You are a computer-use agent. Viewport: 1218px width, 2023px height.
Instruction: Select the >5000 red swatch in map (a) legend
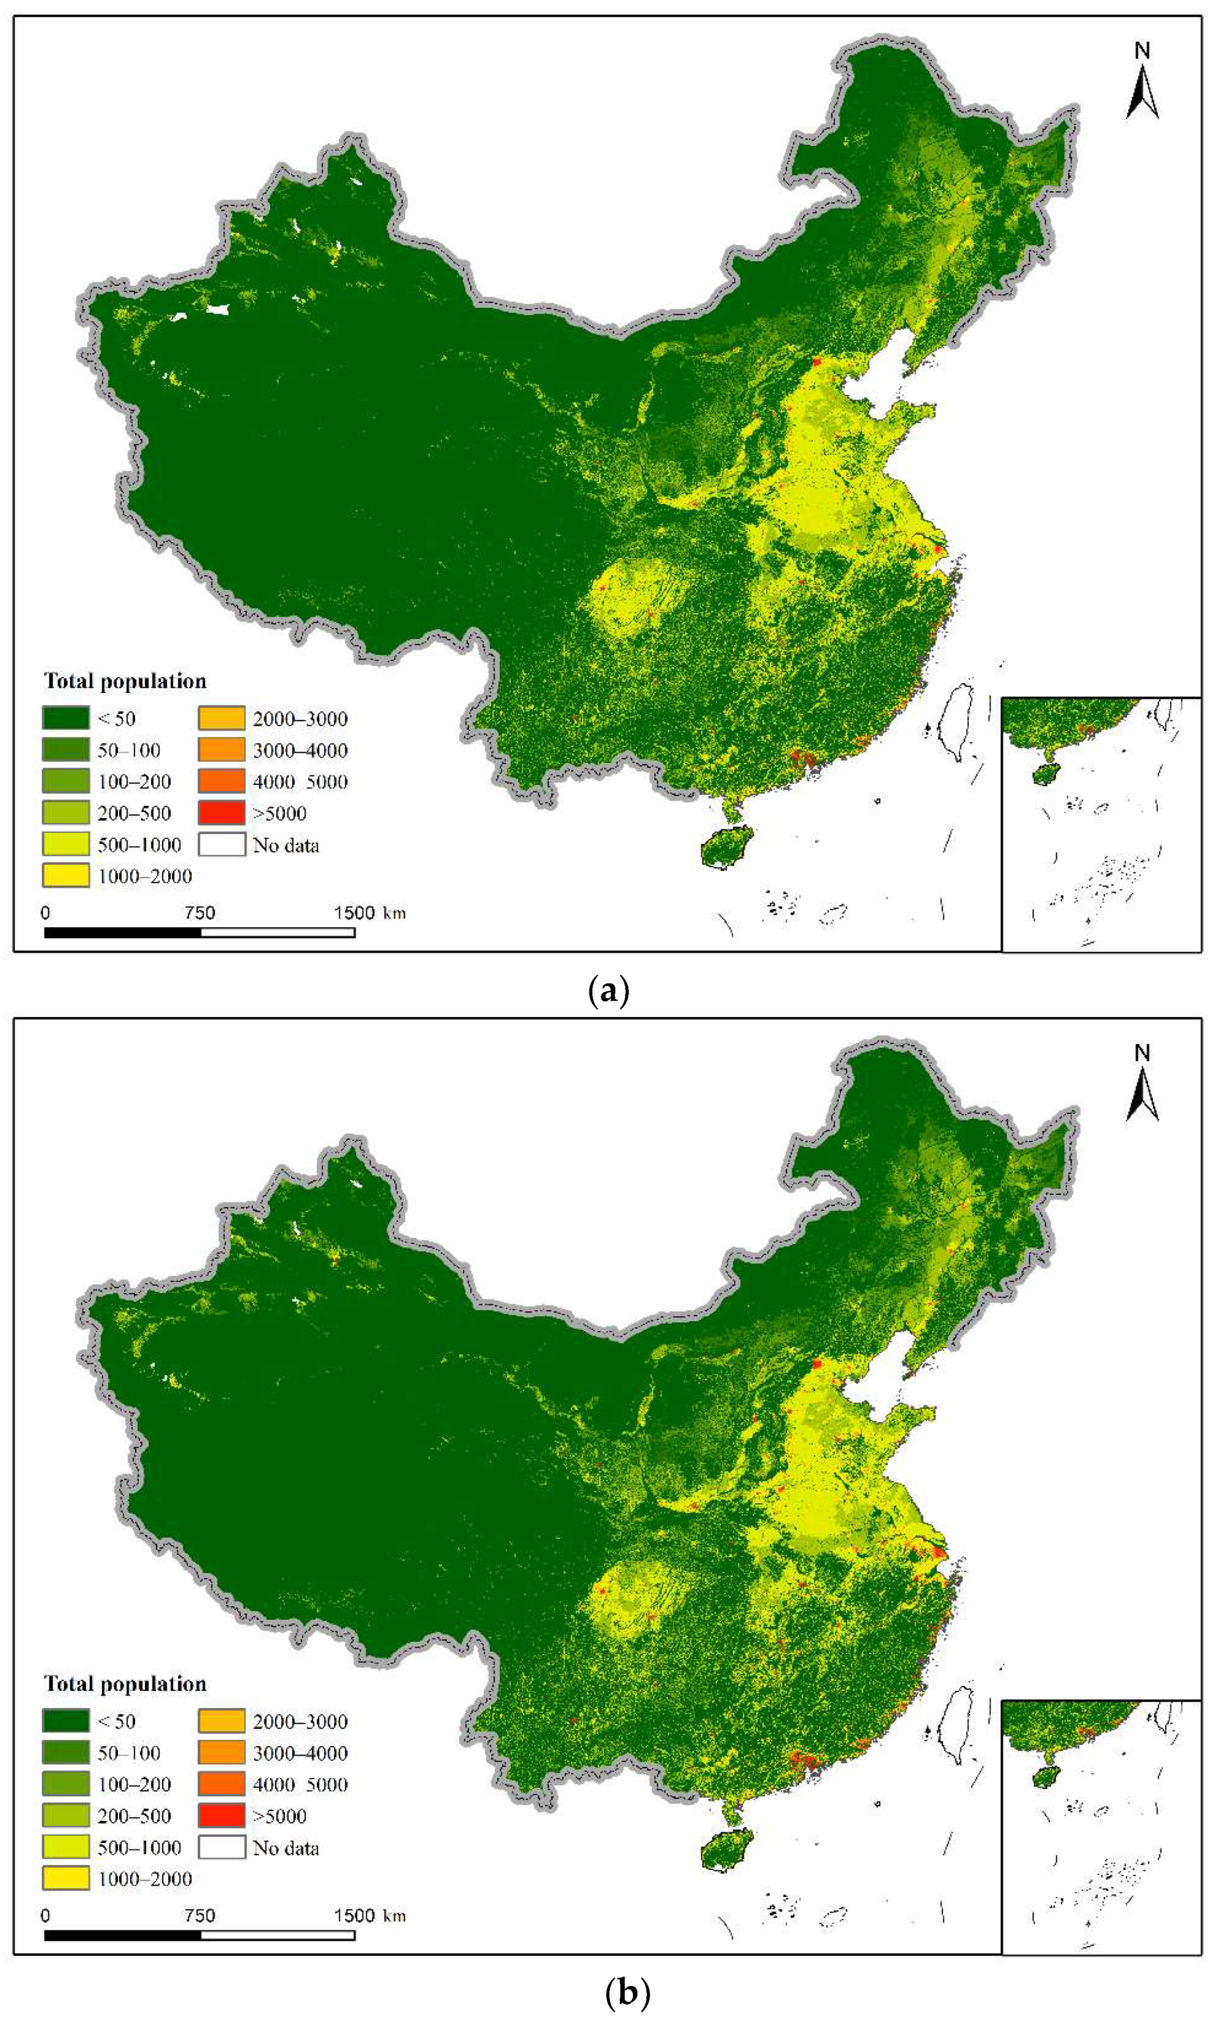click(222, 812)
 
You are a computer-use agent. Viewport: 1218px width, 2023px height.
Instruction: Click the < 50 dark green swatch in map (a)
click(66, 718)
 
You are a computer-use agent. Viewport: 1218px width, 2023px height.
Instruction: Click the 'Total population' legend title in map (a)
click(125, 681)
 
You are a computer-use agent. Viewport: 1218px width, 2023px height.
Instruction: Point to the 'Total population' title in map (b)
click(125, 1684)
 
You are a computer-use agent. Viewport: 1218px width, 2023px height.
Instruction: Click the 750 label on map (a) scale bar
click(200, 912)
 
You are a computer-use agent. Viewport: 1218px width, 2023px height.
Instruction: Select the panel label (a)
click(608, 991)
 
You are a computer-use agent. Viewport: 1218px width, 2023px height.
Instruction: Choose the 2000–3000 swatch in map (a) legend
click(222, 718)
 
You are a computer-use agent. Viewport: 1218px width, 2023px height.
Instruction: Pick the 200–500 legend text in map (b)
click(134, 1815)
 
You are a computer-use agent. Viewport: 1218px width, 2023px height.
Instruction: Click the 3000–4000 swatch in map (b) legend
click(222, 1752)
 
